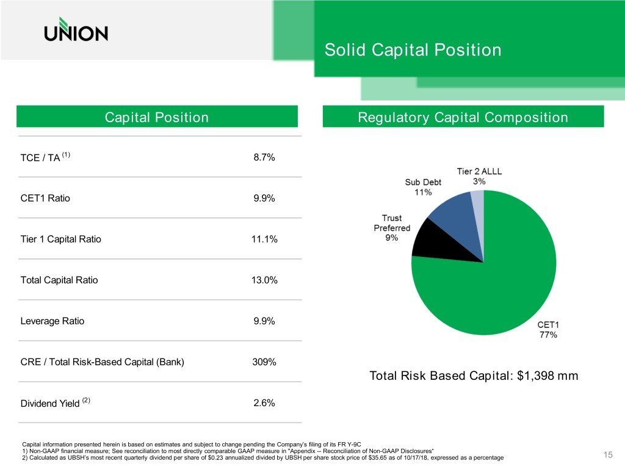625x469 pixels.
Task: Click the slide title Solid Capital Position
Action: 413,49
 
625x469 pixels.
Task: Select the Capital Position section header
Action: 157,117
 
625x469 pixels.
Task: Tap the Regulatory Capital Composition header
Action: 463,117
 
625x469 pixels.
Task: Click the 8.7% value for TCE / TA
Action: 264,158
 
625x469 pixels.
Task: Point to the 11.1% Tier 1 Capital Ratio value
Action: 264,239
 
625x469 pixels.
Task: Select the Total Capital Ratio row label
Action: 59,280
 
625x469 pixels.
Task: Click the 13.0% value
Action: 265,280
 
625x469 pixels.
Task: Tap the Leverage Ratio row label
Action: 52,321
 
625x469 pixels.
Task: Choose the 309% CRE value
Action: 264,362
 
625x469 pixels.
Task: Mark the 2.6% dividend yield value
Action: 264,403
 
